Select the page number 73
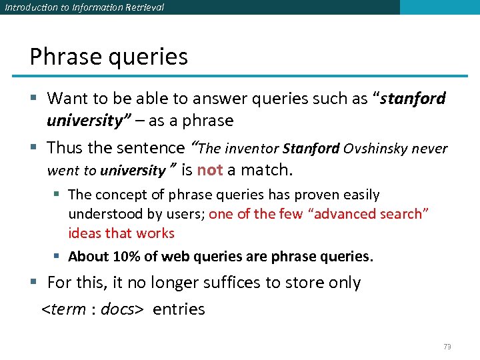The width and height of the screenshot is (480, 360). [447, 347]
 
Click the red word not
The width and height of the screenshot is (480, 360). [210, 170]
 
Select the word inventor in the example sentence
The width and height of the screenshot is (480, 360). [251, 149]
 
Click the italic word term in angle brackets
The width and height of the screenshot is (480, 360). [67, 310]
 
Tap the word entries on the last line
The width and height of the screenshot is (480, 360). [179, 310]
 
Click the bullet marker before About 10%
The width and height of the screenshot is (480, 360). [59, 257]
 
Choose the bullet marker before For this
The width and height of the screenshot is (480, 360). [36, 283]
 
